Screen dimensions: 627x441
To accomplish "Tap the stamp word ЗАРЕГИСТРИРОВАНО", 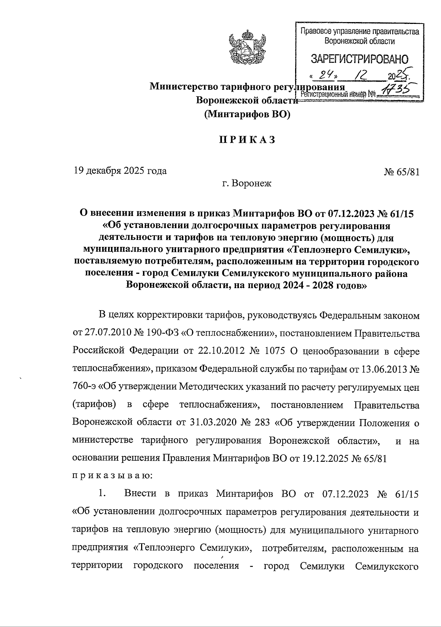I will coord(359,59).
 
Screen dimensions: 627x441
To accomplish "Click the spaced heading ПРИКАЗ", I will coord(247,140).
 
